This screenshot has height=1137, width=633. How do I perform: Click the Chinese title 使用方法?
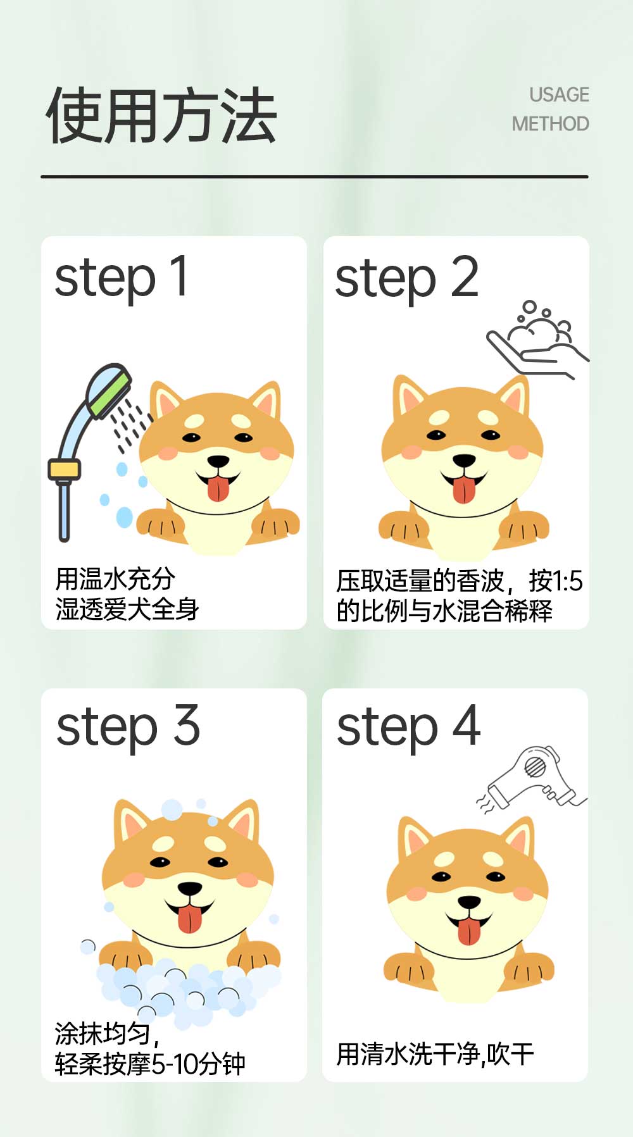[161, 116]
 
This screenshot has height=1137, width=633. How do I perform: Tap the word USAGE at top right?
[559, 95]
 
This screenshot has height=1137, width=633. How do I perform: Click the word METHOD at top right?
[550, 124]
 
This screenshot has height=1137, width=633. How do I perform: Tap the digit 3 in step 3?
[187, 726]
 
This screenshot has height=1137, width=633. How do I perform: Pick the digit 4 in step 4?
[467, 726]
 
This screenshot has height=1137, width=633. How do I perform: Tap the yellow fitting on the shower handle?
[64, 469]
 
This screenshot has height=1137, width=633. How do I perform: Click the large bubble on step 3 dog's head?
[172, 809]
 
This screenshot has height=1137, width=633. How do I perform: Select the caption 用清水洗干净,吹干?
[435, 1054]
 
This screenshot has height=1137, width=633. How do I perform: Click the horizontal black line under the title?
[315, 177]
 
